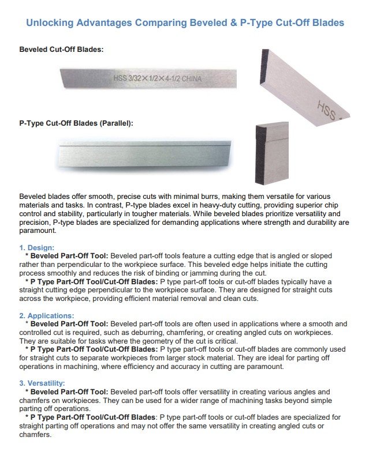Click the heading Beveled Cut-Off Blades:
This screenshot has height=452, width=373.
click(x=61, y=50)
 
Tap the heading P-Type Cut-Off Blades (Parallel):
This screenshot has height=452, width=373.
click(x=76, y=123)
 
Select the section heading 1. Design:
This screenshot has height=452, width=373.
click(x=37, y=248)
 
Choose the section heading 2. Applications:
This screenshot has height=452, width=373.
click(x=47, y=316)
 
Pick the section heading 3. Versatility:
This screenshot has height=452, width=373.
click(x=42, y=383)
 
